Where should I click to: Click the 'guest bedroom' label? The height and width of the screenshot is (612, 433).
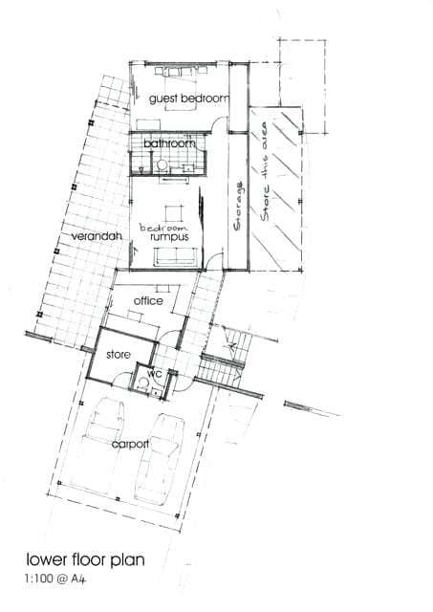(x=189, y=98)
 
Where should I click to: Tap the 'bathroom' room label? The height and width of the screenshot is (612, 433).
(x=169, y=143)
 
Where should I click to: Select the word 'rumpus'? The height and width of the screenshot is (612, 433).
(x=170, y=237)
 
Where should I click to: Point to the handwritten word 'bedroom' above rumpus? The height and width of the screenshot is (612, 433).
(x=163, y=228)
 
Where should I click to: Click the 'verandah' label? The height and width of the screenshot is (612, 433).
(x=97, y=236)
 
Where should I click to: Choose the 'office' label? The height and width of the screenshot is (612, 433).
(x=148, y=300)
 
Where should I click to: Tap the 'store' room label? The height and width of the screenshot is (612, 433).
(x=119, y=355)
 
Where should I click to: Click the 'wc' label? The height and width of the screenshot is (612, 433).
(x=155, y=374)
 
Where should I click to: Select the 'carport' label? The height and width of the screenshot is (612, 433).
(x=130, y=444)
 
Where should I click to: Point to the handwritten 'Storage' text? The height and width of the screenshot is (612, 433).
(x=238, y=206)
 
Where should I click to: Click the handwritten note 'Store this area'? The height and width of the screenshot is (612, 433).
(x=265, y=172)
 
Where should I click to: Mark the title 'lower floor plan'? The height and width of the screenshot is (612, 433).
(x=85, y=559)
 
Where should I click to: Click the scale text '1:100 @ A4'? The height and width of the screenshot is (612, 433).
(x=55, y=579)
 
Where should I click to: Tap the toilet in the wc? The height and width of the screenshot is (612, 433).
(x=142, y=382)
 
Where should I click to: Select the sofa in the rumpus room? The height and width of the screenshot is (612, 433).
(x=174, y=256)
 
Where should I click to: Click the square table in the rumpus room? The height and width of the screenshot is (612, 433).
(x=174, y=213)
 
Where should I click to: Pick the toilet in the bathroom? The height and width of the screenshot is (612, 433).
(x=162, y=165)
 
